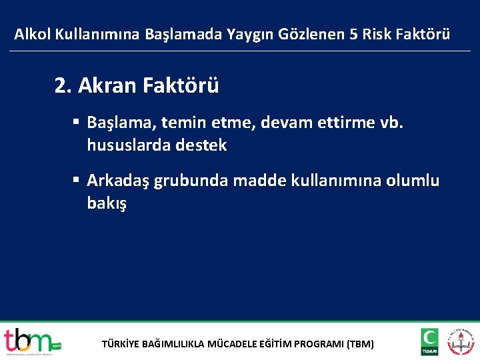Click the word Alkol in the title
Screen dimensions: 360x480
(31, 34)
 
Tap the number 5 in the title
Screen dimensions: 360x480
(353, 34)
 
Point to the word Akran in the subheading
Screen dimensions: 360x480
(107, 85)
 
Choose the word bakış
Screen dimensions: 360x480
(106, 203)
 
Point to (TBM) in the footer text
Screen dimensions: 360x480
(361, 345)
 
